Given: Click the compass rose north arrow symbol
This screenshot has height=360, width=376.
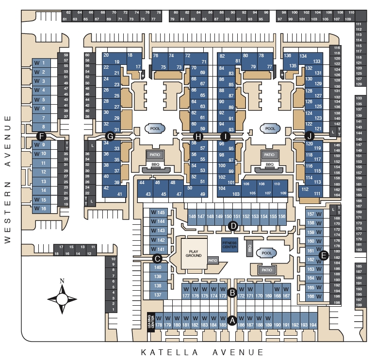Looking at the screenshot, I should click(62, 297).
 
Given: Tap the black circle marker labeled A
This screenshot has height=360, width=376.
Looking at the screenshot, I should click(232, 320).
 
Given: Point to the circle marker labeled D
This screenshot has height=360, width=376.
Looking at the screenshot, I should click(233, 225).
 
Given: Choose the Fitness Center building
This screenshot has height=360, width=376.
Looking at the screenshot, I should click(229, 244).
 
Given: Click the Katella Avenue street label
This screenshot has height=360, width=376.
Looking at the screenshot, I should click(202, 352).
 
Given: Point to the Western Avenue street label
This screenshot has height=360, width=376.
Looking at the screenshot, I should click(7, 179).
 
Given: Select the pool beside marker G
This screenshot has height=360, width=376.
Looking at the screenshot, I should click(155, 129).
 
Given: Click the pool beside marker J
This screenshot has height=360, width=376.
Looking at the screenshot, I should click(270, 129).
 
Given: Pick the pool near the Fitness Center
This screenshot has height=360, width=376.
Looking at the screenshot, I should click(266, 253).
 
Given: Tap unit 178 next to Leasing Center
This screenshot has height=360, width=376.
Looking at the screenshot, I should click(159, 325).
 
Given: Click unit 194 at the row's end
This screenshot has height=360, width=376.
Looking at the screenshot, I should click(313, 325).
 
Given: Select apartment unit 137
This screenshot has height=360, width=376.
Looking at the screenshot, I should click(158, 295).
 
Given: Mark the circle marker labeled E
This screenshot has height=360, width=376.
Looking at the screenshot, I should click(324, 255).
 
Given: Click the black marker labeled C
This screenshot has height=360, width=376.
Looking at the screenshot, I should click(157, 258).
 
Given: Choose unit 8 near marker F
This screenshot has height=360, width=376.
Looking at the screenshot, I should click(44, 127).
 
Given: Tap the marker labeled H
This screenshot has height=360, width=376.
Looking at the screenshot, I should click(197, 136).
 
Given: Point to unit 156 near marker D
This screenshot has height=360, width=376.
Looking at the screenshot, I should click(281, 216).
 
